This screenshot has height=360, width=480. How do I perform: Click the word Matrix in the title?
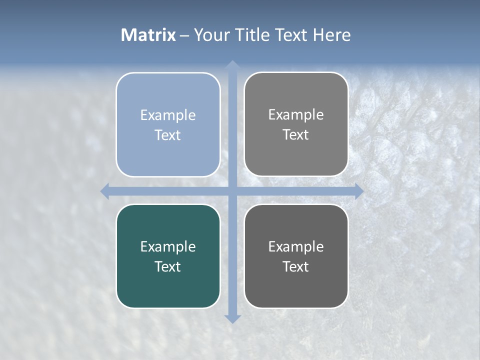(148, 35)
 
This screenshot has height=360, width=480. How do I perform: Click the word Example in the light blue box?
(168, 115)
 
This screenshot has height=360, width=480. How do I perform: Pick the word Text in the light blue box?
(168, 135)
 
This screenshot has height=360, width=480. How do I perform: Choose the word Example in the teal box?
(168, 246)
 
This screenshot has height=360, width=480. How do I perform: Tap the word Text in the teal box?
(168, 266)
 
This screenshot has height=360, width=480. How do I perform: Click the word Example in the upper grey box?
(296, 115)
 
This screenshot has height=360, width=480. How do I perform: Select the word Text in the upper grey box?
(296, 135)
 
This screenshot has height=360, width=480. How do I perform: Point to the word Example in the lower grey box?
(296, 246)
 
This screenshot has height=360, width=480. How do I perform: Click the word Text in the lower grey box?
(296, 266)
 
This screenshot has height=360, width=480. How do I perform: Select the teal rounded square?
(168, 290)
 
